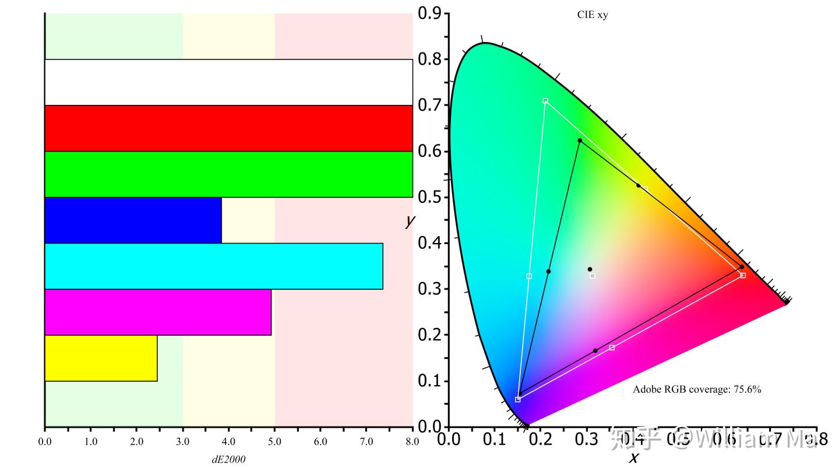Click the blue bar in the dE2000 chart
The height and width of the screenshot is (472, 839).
pos(133,220)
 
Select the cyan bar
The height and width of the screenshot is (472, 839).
pos(213,266)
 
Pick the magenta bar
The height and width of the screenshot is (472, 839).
pos(157,312)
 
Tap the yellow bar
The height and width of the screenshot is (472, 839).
pos(101,358)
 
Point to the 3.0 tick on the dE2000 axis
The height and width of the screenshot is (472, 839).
pos(182,442)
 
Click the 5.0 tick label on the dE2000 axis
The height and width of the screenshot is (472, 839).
pos(274,442)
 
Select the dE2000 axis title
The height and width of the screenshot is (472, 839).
pos(228,459)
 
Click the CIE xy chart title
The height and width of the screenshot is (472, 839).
pos(592,15)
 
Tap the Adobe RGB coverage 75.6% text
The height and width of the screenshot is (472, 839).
pos(697,389)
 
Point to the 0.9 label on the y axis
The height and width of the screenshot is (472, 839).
pos(429,13)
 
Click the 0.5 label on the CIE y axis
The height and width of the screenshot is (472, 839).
pos(429,197)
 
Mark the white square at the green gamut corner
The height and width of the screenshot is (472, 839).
pos(545,101)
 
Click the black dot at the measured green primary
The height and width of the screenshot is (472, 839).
pos(580,140)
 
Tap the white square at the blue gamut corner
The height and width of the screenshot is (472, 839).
pos(518,399)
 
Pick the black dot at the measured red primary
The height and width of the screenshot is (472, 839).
pos(742,267)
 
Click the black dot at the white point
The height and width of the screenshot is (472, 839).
pos(590,269)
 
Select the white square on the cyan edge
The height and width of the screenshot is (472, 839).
pos(529,276)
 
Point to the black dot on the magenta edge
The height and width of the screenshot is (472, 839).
pos(595,351)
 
